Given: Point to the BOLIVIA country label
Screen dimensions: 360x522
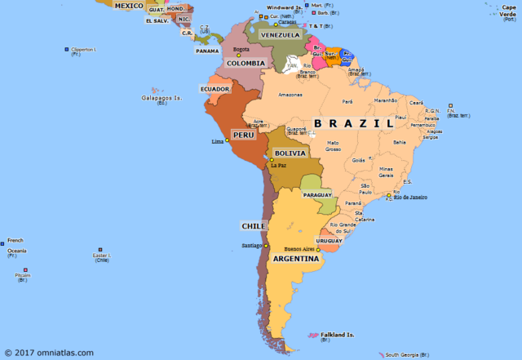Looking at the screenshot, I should click(290, 153).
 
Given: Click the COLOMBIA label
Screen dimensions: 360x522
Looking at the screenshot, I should click(246, 63).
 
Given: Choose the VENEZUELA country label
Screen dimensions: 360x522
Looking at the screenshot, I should click(280, 35).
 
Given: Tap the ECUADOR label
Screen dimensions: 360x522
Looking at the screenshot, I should click(215, 89).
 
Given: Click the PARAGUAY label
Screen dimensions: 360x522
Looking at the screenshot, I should click(318, 196).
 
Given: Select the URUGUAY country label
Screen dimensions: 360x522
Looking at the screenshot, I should click(329, 241).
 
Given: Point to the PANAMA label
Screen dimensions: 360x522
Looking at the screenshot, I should click(207, 51).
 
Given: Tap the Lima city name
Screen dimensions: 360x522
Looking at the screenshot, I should click(217, 142).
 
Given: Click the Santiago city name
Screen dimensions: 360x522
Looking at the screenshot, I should click(250, 246).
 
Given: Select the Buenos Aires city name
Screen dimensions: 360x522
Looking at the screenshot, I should click(297, 248).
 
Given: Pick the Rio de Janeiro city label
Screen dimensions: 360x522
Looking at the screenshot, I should click(411, 197).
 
